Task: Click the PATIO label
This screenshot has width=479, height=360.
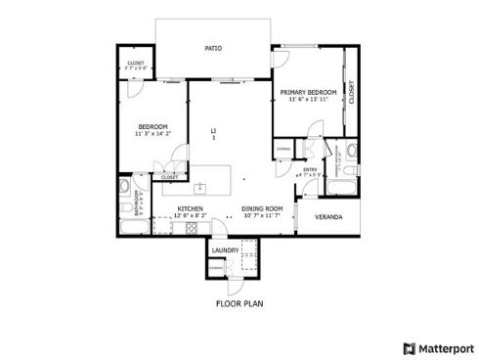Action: click(212, 47)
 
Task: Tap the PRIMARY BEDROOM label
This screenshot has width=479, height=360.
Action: click(308, 92)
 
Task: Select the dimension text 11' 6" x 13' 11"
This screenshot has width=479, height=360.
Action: click(308, 100)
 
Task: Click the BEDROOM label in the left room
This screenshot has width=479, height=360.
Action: click(152, 126)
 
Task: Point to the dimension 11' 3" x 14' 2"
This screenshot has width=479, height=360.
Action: click(152, 134)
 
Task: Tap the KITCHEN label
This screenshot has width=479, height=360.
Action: click(190, 208)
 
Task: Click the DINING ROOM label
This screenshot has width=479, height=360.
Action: click(262, 208)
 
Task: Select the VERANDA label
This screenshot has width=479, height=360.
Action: click(327, 216)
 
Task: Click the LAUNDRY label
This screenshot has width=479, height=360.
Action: click(225, 250)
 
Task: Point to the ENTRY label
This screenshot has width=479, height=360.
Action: click(311, 169)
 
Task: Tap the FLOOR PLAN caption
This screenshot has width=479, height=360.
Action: click(239, 303)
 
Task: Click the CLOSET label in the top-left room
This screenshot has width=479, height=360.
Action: click(136, 64)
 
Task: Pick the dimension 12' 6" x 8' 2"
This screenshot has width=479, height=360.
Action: click(190, 215)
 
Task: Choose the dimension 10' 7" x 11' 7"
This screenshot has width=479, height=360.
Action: click(262, 215)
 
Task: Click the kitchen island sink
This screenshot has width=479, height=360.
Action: click(199, 185)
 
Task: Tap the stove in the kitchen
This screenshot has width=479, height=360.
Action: click(192, 228)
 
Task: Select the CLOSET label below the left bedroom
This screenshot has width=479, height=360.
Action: click(169, 177)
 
